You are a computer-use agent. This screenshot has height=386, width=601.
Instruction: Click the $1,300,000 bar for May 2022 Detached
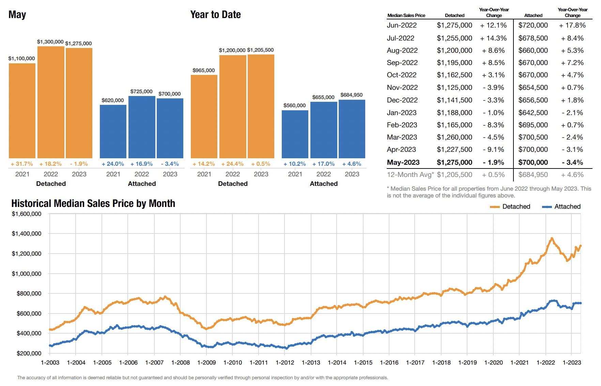[51, 102]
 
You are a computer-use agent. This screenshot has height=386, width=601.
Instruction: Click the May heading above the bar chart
[17, 15]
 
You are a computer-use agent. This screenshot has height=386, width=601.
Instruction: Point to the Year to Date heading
[215, 15]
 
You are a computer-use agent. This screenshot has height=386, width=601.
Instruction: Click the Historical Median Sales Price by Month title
[93, 204]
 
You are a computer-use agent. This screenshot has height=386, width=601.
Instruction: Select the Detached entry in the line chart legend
[516, 207]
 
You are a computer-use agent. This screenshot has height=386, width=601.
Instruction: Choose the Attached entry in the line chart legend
[567, 207]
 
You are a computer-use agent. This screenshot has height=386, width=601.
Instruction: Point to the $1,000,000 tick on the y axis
[27, 274]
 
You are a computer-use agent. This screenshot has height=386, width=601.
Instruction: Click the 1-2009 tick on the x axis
[206, 363]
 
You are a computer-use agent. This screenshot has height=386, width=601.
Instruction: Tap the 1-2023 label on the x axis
[572, 363]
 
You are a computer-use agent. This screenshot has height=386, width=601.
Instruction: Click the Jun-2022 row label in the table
[402, 25]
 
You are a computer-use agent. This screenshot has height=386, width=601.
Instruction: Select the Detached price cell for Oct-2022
[454, 75]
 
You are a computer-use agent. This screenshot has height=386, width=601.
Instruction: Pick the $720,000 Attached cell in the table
[533, 25]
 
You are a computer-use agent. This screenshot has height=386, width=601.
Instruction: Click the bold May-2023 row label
[403, 162]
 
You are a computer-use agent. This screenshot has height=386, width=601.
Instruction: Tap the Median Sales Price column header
[406, 15]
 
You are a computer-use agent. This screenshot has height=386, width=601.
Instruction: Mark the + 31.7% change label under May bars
[22, 164]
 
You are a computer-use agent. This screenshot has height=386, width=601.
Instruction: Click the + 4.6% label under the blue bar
[352, 164]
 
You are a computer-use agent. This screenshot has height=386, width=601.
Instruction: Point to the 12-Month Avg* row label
[410, 175]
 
